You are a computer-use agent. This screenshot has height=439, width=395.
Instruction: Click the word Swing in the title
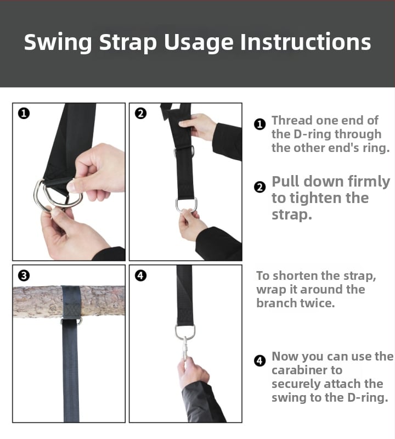pyautogui.click(x=58, y=43)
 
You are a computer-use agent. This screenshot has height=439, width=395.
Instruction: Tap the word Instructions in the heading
pyautogui.click(x=306, y=42)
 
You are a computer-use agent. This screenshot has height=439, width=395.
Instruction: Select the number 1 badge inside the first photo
pyautogui.click(x=24, y=114)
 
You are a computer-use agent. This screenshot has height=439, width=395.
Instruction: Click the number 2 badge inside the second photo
pyautogui.click(x=140, y=114)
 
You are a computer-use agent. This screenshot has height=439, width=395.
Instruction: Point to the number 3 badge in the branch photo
pyautogui.click(x=24, y=275)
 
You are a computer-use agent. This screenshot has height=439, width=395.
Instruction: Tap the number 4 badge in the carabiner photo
pyautogui.click(x=140, y=275)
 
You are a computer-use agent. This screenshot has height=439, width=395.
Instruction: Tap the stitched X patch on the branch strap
pyautogui.click(x=71, y=309)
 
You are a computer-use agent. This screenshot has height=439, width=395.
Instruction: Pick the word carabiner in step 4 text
pyautogui.click(x=307, y=370)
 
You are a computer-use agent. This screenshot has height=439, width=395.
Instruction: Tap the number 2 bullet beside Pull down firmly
pyautogui.click(x=260, y=187)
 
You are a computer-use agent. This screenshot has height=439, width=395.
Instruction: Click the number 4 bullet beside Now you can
pyautogui.click(x=260, y=361)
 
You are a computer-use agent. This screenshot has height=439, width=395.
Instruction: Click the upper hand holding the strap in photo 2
pyautogui.click(x=198, y=126)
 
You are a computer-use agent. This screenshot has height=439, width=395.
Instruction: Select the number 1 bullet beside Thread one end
pyautogui.click(x=260, y=124)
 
